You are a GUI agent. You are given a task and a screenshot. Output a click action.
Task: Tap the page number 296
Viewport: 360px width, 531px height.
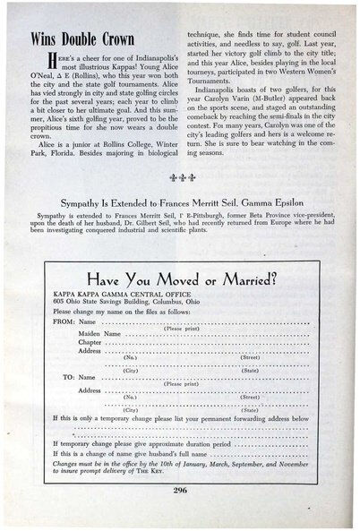[179, 489]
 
